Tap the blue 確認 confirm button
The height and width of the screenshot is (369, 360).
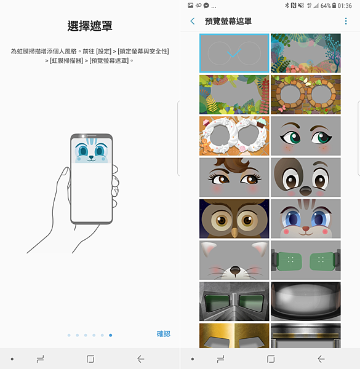[164, 334]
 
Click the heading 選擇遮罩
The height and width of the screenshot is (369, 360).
[90, 26]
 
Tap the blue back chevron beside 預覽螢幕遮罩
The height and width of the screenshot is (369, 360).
[193, 21]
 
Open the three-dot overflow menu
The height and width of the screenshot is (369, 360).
[346, 21]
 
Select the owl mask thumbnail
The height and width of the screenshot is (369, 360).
[234, 218]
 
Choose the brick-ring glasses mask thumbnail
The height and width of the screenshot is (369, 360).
[306, 95]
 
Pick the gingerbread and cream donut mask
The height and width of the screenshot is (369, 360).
[234, 136]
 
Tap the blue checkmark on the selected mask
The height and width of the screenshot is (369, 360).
[234, 53]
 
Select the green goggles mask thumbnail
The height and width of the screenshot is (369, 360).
[306, 260]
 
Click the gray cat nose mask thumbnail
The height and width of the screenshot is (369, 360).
[234, 260]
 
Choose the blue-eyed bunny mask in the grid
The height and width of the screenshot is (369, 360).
[306, 218]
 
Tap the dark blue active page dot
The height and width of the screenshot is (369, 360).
[110, 335]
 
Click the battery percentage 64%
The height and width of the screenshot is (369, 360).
[326, 6]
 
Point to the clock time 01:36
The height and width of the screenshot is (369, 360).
[345, 6]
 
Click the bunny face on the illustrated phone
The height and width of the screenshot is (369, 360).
[91, 151]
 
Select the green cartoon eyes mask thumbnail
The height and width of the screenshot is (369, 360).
[306, 136]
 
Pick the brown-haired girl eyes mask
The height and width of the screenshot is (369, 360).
[234, 177]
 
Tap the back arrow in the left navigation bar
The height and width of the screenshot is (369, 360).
[141, 359]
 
